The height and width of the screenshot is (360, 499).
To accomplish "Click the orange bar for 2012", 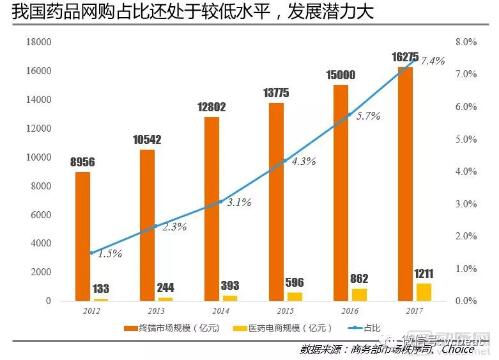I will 82,236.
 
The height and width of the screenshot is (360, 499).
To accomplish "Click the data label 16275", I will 404,59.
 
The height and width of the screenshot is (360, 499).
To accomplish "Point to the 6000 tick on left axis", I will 40,214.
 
